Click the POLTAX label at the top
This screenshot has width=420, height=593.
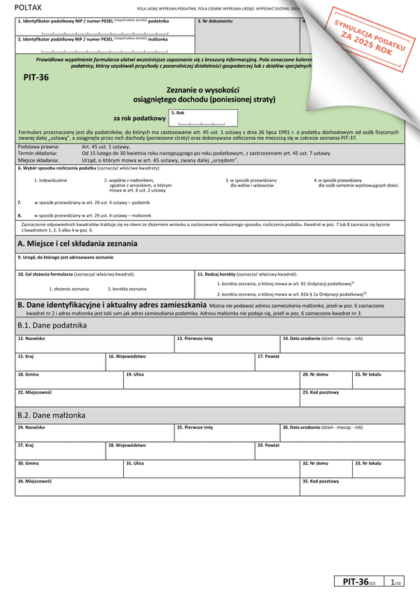29,6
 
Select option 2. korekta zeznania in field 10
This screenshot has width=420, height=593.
127,289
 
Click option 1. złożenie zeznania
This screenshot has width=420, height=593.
69,289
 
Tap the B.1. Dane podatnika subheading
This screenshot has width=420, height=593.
51,325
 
